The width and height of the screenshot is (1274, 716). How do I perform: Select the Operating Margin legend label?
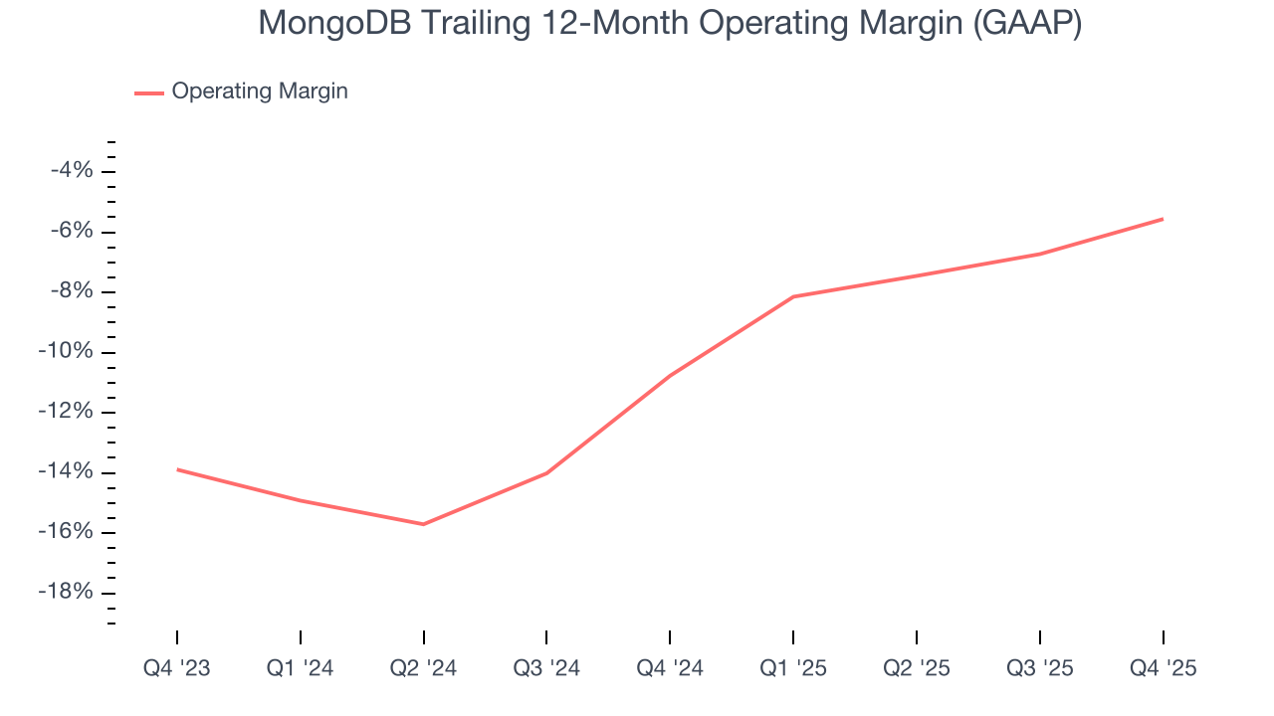pyautogui.click(x=260, y=91)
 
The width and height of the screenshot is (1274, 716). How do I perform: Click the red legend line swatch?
pyautogui.click(x=149, y=92)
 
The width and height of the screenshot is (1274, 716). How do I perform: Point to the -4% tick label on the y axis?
pyautogui.click(x=72, y=171)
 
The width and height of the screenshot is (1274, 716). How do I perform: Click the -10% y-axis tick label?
pyautogui.click(x=68, y=352)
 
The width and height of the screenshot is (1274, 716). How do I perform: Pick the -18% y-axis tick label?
pyautogui.click(x=68, y=593)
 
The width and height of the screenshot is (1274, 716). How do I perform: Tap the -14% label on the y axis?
pyautogui.click(x=68, y=472)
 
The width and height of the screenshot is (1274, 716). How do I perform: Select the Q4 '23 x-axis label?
pyautogui.click(x=177, y=669)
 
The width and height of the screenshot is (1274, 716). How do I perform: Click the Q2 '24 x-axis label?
pyautogui.click(x=423, y=669)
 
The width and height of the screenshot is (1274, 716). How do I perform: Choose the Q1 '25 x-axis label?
pyautogui.click(x=793, y=669)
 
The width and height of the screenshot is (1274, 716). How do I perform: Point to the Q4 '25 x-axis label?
pyautogui.click(x=1163, y=669)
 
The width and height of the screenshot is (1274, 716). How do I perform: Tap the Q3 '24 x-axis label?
pyautogui.click(x=546, y=669)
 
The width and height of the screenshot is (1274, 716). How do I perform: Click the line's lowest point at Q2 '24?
pyautogui.click(x=423, y=524)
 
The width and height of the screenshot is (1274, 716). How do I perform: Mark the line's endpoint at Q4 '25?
pyautogui.click(x=1163, y=219)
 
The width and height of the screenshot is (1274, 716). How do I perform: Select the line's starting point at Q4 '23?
pyautogui.click(x=177, y=469)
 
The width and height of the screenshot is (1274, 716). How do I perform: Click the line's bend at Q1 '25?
pyautogui.click(x=793, y=296)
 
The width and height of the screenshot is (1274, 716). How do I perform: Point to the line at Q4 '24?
pyautogui.click(x=670, y=375)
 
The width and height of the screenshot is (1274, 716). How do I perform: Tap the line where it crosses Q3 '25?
pyautogui.click(x=1040, y=254)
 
